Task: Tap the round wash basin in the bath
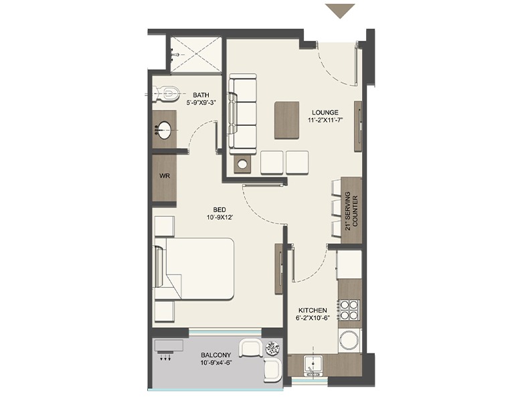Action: coord(163,131)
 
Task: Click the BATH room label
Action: coord(201,95)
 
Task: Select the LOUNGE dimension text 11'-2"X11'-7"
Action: coord(325,121)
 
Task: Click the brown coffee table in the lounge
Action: coord(286,121)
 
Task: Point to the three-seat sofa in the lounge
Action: coord(242,114)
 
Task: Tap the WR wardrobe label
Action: coord(165,176)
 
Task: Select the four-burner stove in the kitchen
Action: coord(349,309)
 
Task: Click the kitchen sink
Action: coord(313,366)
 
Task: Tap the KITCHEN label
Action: coord(313,311)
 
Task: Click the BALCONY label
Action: coord(215,355)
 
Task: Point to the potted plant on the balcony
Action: coord(272,348)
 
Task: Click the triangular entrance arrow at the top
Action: coord(340,11)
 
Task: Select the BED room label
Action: coord(220,210)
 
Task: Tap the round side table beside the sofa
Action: coord(243,164)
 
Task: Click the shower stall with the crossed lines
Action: coord(195,54)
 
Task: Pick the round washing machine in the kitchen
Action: coord(349,340)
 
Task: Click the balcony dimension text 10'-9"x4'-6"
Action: coord(215,363)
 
